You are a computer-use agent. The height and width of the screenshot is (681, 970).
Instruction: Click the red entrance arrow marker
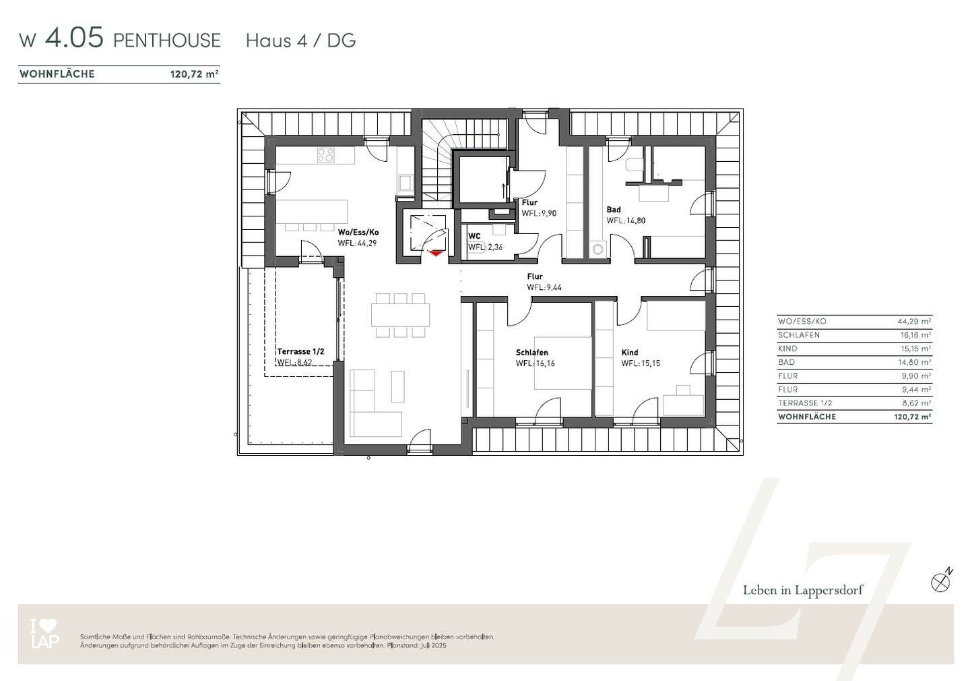(x=436, y=253)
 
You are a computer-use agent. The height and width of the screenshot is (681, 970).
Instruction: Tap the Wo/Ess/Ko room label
(x=358, y=233)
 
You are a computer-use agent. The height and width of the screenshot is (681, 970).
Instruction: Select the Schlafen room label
(x=531, y=353)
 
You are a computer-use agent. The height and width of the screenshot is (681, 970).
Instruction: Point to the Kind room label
(x=630, y=353)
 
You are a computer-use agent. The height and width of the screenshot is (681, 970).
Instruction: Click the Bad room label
(x=614, y=210)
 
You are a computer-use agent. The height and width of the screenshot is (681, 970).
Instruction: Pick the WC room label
(x=474, y=236)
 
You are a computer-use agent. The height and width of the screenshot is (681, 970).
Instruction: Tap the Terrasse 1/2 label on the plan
(x=300, y=351)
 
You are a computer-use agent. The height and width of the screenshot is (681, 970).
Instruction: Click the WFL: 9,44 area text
(x=544, y=287)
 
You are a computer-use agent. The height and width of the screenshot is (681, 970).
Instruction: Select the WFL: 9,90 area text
(x=539, y=213)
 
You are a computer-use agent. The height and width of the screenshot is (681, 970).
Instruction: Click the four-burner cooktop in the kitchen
(x=325, y=155)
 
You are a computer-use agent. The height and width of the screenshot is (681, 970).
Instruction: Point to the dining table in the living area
(x=400, y=315)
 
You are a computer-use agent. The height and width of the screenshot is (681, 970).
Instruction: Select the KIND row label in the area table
(x=787, y=349)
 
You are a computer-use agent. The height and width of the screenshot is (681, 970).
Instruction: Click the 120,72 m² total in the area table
(x=913, y=417)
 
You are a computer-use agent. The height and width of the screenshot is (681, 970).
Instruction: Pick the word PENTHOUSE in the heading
(x=167, y=40)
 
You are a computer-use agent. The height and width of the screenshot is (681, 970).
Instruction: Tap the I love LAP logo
(x=44, y=634)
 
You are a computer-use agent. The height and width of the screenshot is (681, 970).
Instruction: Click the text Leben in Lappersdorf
(x=803, y=591)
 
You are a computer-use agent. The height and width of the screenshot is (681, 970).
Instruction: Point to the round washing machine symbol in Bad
(x=598, y=249)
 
